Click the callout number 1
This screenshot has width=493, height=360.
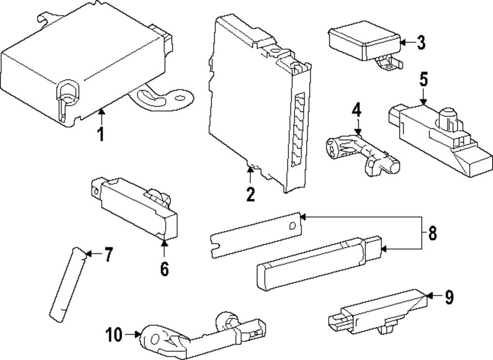click(101, 134)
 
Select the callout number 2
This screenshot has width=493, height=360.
click(250, 194)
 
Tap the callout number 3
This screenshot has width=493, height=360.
click(420, 43)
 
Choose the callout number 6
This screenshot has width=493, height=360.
click(164, 268)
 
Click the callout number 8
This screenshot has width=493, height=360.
click(432, 233)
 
